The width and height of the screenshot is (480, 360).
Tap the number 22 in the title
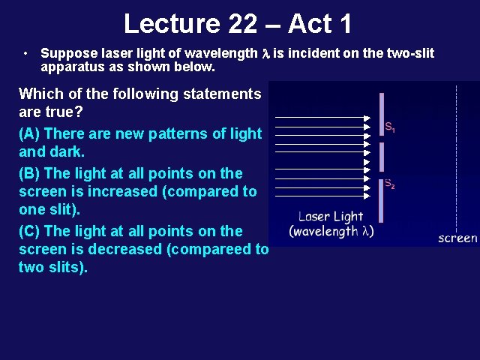[x=242, y=24]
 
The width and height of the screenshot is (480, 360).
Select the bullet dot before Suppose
[x=25, y=54]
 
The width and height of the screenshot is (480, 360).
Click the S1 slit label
[x=390, y=127]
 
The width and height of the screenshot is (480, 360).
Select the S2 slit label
[x=390, y=184]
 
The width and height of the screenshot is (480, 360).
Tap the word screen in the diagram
[x=457, y=238]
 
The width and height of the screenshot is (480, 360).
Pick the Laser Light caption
[x=331, y=217]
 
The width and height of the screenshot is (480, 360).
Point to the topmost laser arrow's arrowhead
[x=366, y=118]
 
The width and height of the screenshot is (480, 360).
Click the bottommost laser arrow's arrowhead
[x=366, y=198]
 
